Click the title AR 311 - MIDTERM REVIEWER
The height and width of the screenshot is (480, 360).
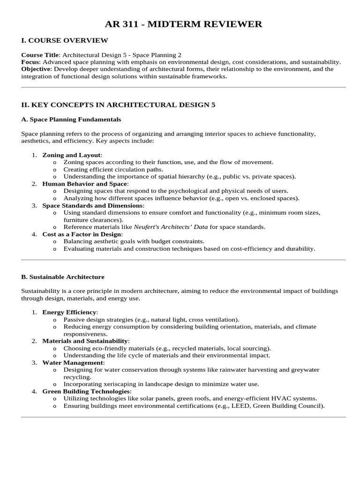183,24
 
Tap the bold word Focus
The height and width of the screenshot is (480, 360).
30,62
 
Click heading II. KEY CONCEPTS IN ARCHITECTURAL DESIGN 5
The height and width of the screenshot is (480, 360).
118,105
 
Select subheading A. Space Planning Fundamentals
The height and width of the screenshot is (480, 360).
71,120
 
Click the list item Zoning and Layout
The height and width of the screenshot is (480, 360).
71,155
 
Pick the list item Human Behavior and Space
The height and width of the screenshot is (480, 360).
84,184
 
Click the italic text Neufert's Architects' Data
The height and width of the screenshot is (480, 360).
171,227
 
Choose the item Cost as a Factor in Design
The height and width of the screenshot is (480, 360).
82,234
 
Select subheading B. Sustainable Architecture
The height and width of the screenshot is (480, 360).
63,277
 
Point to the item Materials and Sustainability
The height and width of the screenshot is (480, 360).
85,341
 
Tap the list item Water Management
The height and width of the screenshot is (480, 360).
73,362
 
